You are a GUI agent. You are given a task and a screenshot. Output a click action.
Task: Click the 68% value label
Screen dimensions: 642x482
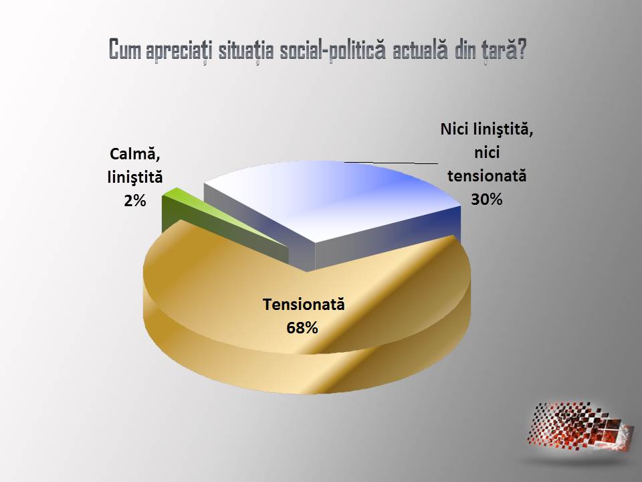pos(302,328)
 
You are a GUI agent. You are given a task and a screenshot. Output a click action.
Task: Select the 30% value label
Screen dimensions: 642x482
pos(486,199)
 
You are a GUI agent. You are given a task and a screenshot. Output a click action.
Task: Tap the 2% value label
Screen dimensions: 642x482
pos(134,201)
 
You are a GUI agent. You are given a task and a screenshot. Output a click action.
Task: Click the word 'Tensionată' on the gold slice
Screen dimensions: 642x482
pos(304,305)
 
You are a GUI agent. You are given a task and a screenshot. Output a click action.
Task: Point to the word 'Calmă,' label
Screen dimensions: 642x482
pos(134,155)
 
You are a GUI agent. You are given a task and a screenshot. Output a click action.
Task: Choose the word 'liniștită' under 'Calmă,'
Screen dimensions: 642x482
pos(135,178)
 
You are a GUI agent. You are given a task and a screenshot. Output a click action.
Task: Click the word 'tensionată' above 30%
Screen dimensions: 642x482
pos(487,176)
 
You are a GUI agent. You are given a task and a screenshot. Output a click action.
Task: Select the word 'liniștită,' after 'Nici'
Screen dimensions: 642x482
pos(503,129)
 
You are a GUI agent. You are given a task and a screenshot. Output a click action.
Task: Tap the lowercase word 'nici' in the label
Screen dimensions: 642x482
pos(487,153)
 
